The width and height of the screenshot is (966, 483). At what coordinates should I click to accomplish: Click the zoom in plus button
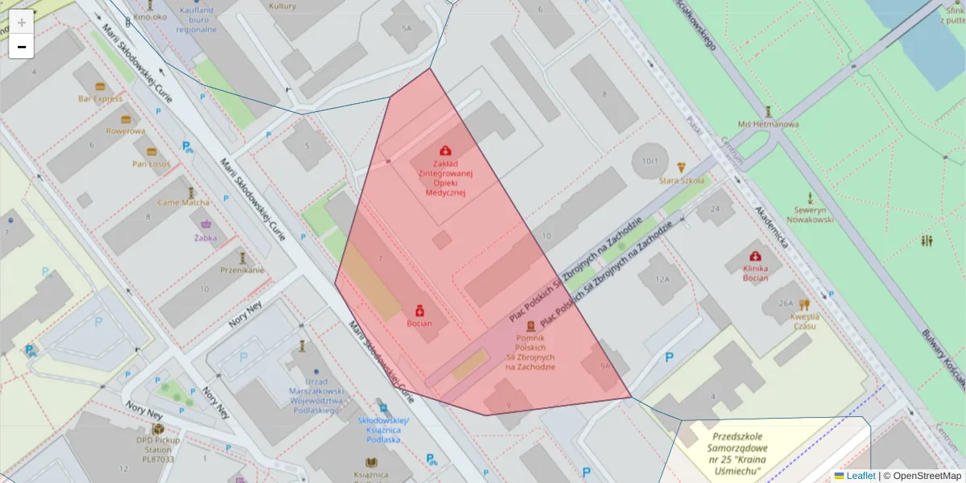pos(22,22)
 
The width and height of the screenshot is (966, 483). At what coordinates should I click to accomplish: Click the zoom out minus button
pos(22,47)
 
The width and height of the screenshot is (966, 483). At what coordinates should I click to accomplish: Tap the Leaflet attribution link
pos(861,476)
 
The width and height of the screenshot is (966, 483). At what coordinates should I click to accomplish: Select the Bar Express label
pos(101,99)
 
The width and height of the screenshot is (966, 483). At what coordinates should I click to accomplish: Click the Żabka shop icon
pos(205,225)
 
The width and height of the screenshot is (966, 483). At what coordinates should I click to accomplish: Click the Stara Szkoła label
pos(682,180)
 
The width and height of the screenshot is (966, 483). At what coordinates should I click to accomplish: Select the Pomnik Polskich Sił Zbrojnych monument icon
pos(530,326)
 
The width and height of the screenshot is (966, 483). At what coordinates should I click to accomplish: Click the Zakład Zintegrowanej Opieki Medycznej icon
pos(445,151)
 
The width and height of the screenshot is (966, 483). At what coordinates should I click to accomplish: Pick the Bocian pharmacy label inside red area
pos(419,324)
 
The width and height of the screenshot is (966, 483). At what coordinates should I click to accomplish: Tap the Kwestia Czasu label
pos(804,320)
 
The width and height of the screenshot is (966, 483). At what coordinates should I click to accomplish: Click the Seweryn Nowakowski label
pos(809,213)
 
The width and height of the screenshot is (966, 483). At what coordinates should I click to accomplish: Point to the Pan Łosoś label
pos(151,164)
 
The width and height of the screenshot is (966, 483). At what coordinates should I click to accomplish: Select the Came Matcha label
pos(184,203)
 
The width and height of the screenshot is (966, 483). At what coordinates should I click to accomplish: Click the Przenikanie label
pos(242,270)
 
